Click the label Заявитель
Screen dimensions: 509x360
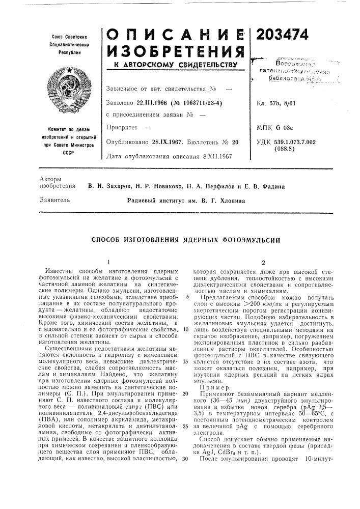50,200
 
